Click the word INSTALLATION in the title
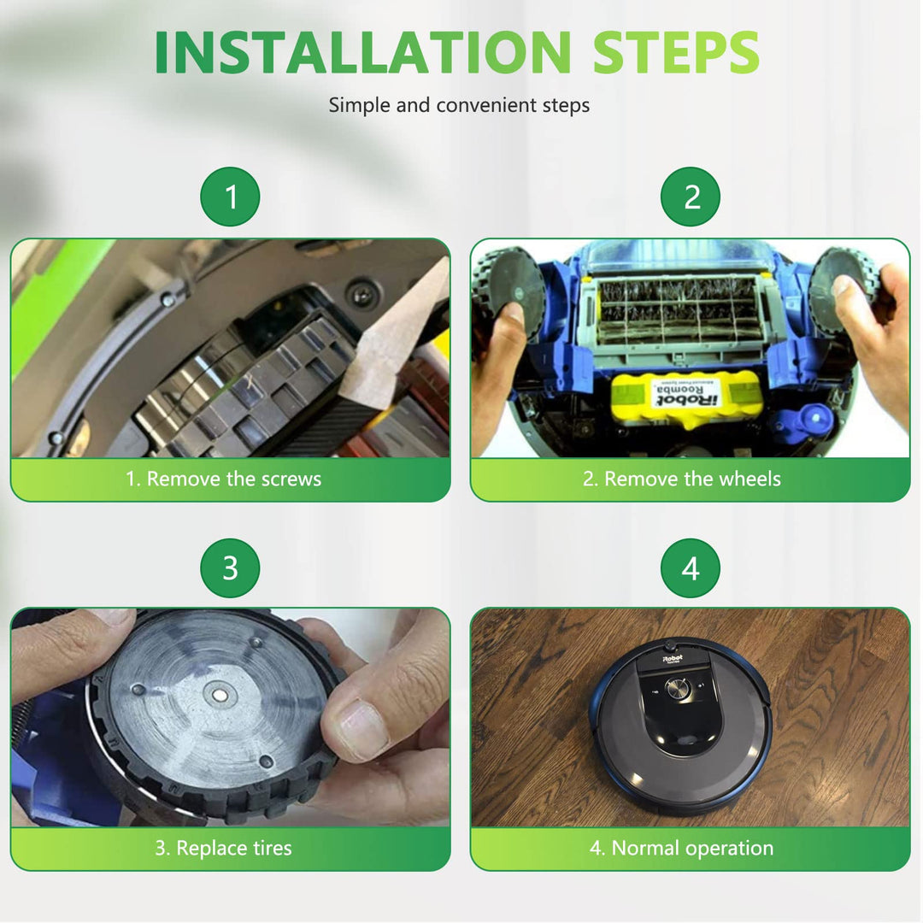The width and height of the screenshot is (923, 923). [362, 52]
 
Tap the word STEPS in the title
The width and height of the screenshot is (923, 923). [676, 52]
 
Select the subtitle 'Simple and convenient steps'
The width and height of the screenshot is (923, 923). [459, 105]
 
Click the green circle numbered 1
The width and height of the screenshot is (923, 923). [230, 197]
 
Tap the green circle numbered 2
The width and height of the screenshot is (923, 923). [691, 197]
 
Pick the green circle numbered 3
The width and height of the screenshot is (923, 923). [230, 568]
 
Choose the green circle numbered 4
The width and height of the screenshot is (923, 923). [691, 568]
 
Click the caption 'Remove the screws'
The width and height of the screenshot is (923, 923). [233, 479]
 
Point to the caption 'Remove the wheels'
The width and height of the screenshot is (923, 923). [692, 479]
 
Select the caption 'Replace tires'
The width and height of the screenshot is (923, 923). [234, 848]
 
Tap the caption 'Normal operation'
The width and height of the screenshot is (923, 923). [692, 848]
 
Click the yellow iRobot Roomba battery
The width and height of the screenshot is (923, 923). [685, 397]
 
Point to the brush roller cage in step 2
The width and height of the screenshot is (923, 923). [678, 311]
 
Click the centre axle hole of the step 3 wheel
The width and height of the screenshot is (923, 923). [220, 695]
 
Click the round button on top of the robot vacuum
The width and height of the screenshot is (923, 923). [678, 688]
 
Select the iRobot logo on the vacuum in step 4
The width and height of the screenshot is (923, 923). [673, 658]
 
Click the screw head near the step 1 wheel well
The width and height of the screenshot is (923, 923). [360, 294]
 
